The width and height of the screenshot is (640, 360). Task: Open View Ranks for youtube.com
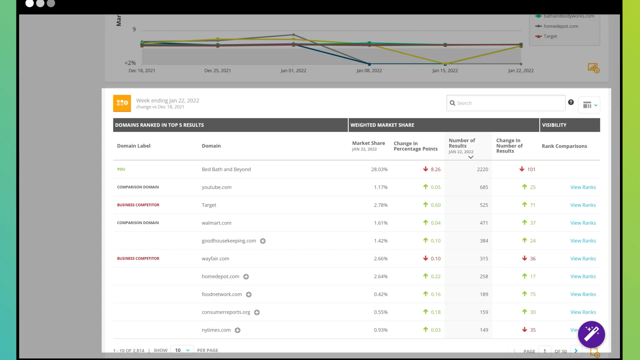tap(583, 187)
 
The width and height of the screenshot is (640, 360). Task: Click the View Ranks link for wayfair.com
tap(583, 259)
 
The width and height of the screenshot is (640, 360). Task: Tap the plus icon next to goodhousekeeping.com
tap(263, 241)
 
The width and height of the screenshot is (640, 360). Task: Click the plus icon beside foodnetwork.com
tap(249, 295)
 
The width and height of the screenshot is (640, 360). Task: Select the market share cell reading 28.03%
tap(379, 169)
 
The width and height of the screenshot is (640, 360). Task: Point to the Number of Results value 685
tap(484, 187)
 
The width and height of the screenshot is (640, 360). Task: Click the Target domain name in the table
tap(209, 205)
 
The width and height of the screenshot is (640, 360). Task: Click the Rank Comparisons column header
tap(564, 146)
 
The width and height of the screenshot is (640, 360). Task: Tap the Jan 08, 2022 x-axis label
tap(369, 71)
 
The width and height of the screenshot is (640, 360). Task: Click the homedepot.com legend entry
tap(560, 26)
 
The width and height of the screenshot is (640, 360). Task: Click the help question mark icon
tap(571, 102)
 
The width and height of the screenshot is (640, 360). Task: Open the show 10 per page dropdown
tap(182, 350)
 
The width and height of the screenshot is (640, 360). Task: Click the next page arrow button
tap(576, 351)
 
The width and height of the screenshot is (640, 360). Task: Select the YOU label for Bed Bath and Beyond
tap(121, 169)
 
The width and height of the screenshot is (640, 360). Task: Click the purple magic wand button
tap(591, 334)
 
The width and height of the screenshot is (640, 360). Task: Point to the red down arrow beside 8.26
tap(425, 169)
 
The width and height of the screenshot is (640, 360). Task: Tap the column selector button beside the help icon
tap(589, 105)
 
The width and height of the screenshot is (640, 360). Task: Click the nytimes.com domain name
tap(216, 330)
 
